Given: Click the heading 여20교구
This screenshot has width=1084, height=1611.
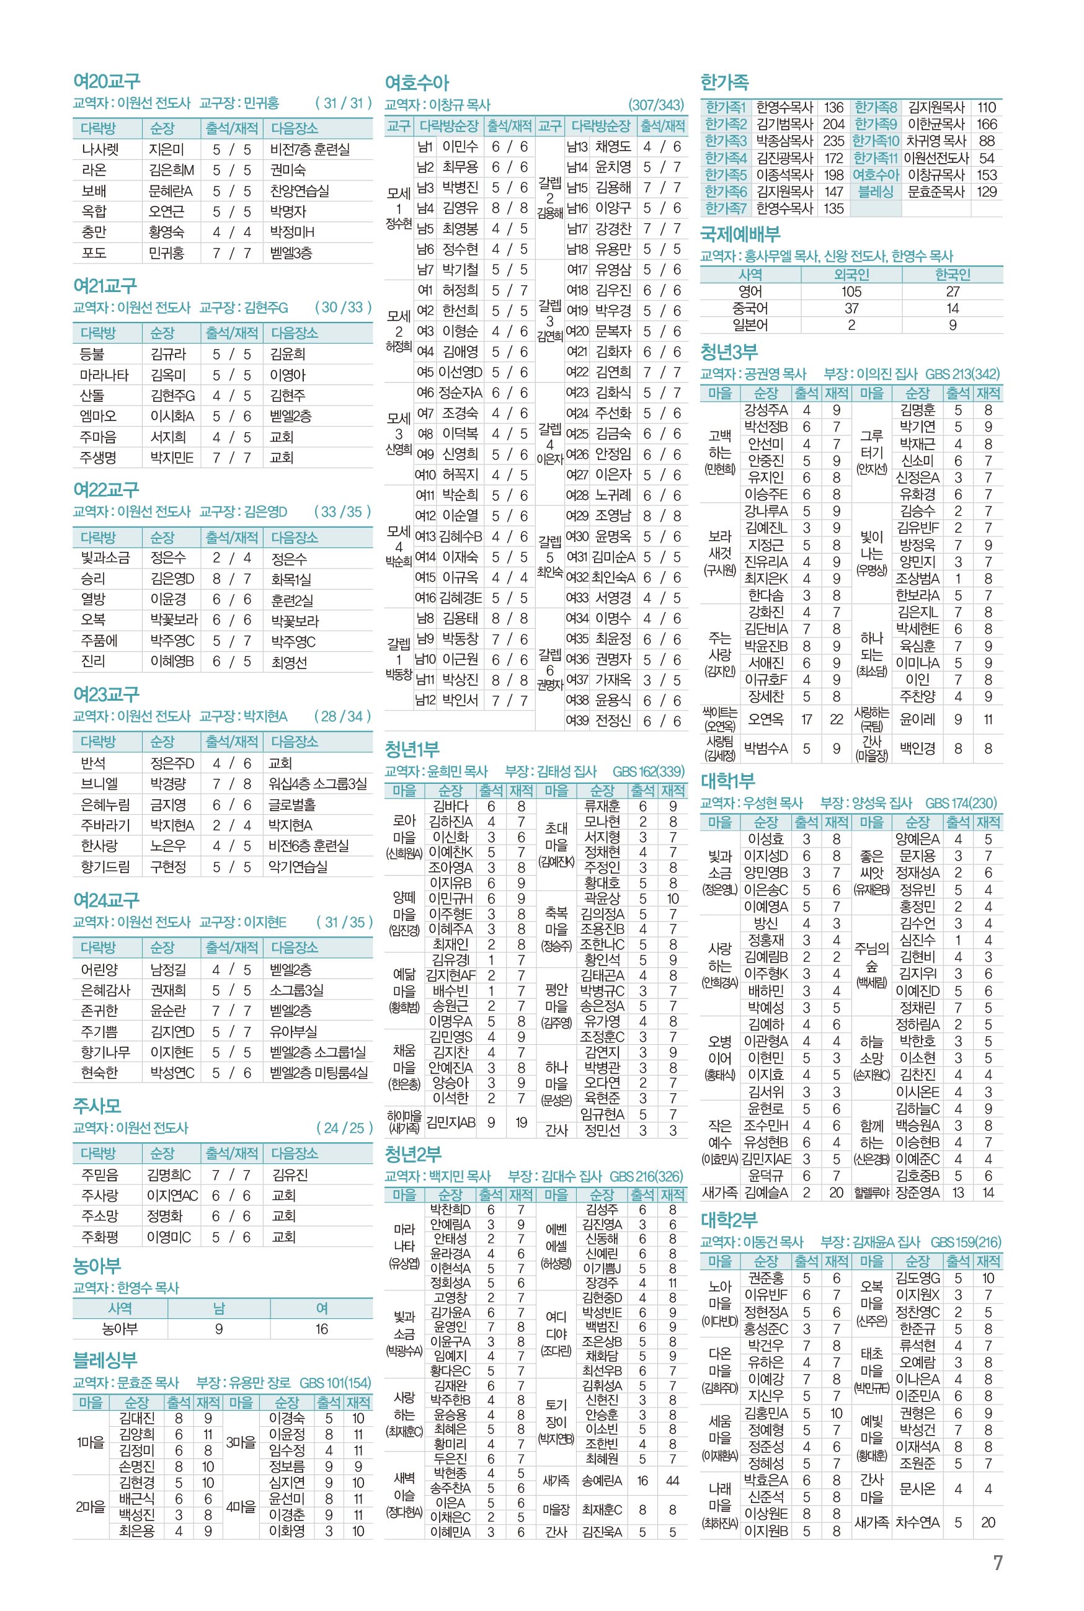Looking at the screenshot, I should pyautogui.click(x=107, y=82).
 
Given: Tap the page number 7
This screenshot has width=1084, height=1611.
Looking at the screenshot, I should pyautogui.click(x=997, y=1563).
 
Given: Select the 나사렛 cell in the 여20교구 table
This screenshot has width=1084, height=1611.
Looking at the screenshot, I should pyautogui.click(x=100, y=149).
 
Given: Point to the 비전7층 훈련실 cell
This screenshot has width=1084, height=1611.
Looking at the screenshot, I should pyautogui.click(x=309, y=149).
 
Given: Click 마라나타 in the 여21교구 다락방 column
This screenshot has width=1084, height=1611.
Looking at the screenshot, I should pyautogui.click(x=104, y=375).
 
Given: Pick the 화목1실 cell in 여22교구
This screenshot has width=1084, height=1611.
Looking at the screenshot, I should pyautogui.click(x=291, y=579).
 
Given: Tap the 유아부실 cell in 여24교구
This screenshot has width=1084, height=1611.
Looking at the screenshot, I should pyautogui.click(x=293, y=1032).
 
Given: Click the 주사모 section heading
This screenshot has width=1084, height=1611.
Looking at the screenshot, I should pyautogui.click(x=97, y=1106).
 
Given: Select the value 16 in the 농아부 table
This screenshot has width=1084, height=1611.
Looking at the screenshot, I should pyautogui.click(x=321, y=1329).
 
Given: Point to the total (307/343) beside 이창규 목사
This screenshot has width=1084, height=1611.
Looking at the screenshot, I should pyautogui.click(x=655, y=105).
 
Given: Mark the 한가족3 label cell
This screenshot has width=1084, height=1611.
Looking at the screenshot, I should pyautogui.click(x=725, y=141).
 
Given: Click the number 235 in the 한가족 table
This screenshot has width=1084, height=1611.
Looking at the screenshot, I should pyautogui.click(x=833, y=141).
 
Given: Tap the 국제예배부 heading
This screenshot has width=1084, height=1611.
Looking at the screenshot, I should pyautogui.click(x=740, y=234).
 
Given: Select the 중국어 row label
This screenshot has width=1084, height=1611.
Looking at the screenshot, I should pyautogui.click(x=750, y=308).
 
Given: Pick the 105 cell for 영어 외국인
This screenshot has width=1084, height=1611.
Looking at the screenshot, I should pyautogui.click(x=851, y=291).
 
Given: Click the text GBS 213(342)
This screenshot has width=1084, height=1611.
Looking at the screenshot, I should pyautogui.click(x=962, y=374).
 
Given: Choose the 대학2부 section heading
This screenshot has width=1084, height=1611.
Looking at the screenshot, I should pyautogui.click(x=729, y=1220).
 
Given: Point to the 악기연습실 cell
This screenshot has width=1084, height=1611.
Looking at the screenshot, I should pyautogui.click(x=298, y=867).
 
